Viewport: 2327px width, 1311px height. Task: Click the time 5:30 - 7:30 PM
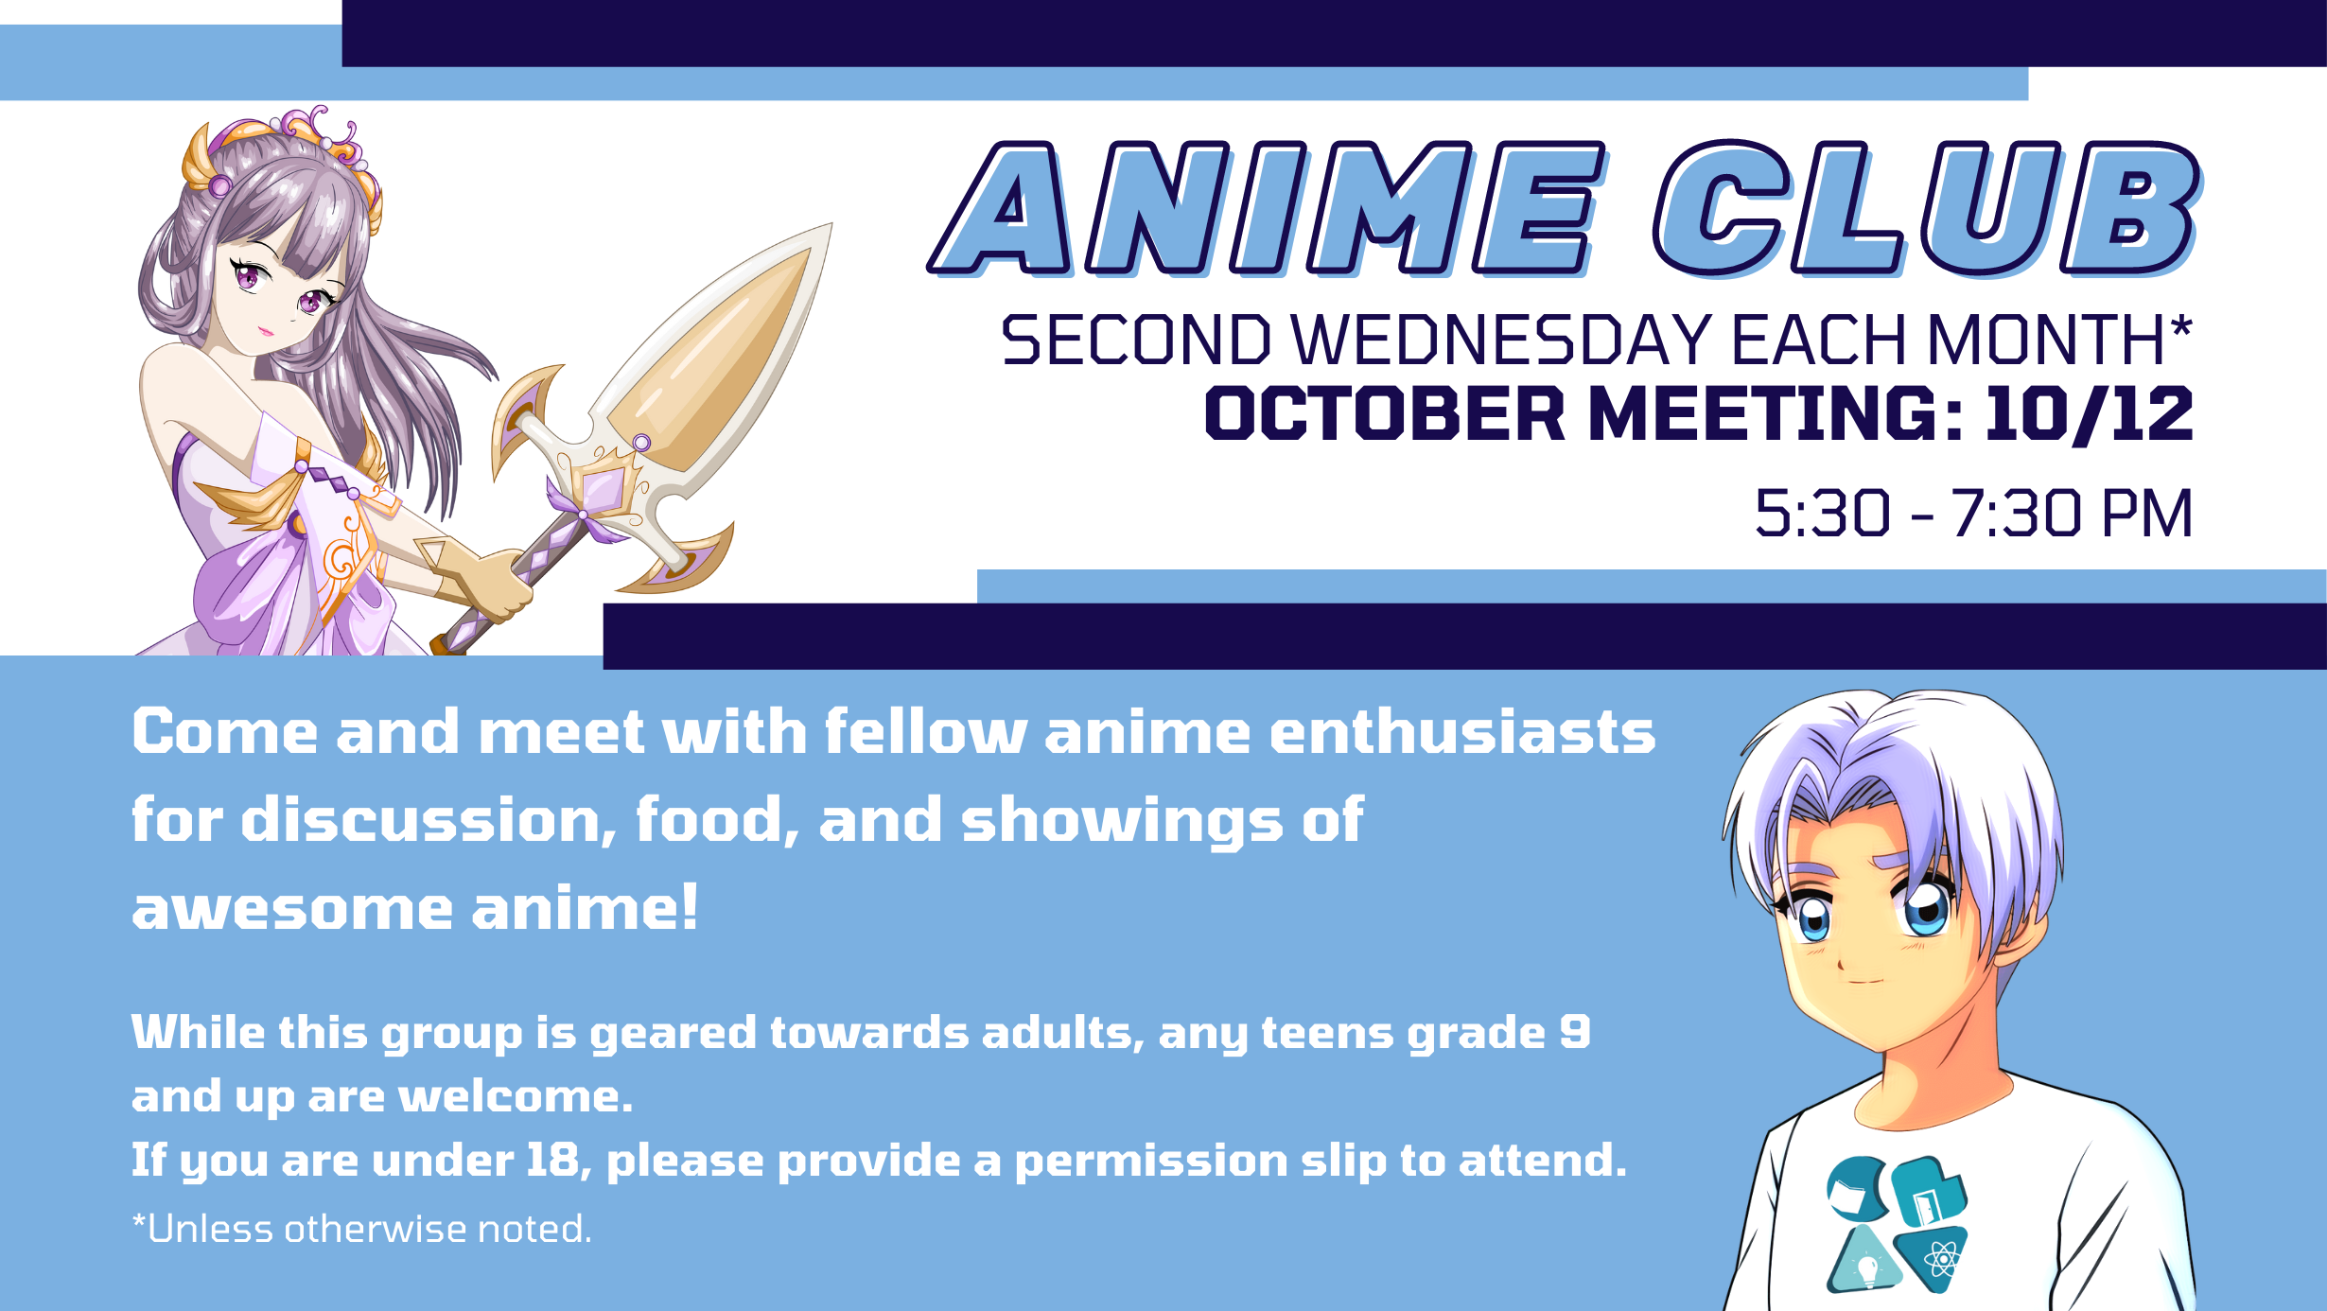pos(1973,514)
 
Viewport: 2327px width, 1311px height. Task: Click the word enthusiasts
pos(1462,732)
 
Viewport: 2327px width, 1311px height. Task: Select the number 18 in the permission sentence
pos(553,1160)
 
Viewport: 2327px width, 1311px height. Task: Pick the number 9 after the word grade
pos(1575,1032)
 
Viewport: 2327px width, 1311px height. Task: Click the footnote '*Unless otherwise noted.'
pos(361,1229)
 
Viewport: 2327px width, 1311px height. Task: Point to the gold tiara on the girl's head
pos(284,151)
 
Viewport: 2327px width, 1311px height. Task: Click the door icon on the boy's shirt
pos(1929,1194)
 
